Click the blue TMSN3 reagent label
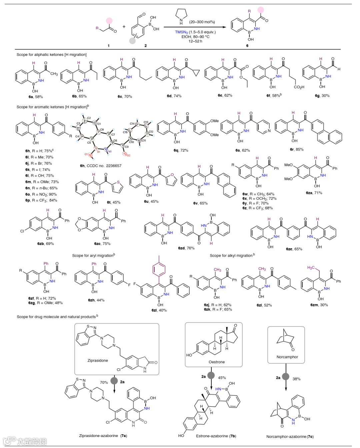181,32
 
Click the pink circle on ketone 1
109,21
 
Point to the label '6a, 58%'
36,97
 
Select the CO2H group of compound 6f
299,87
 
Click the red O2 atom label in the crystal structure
128,155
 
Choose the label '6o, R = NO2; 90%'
41,194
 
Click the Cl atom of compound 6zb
22,231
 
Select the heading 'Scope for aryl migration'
93,256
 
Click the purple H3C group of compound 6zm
311,268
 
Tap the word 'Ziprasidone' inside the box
98,361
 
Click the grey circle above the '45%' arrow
211,375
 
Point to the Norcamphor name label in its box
287,357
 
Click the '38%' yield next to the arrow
296,379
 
